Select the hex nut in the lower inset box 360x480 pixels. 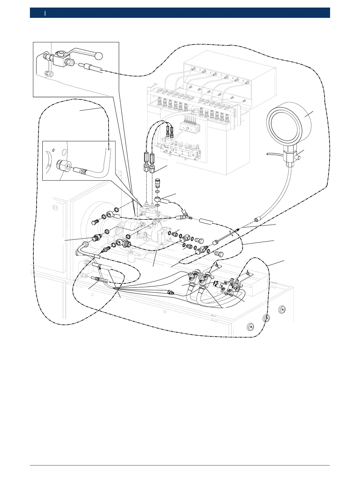point(63,166)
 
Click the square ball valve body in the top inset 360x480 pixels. point(60,58)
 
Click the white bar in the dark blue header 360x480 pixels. point(45,13)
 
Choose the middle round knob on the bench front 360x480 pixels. point(266,318)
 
